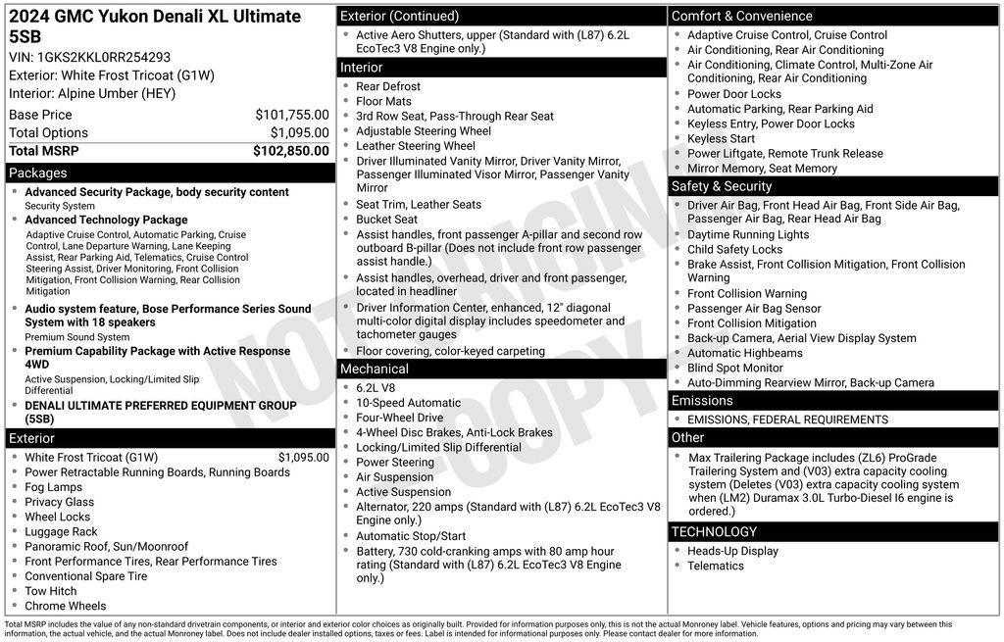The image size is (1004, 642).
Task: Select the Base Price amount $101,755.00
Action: [x=291, y=115]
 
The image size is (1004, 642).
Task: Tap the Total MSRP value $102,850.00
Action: [x=290, y=151]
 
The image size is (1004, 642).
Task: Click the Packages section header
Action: [x=37, y=173]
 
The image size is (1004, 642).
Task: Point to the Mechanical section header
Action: [x=374, y=369]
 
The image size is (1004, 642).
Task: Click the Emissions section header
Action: [x=702, y=401]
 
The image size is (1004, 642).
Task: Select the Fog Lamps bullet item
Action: [x=54, y=487]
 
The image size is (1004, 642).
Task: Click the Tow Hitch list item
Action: [x=51, y=591]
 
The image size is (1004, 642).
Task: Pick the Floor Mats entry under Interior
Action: [x=383, y=101]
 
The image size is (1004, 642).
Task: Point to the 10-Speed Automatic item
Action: [x=408, y=403]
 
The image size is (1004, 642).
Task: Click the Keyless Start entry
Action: [x=721, y=138]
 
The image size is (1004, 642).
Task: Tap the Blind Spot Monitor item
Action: [x=734, y=368]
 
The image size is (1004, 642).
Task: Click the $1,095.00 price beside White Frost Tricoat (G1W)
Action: [x=303, y=458]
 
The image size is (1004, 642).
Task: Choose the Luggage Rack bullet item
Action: [x=61, y=531]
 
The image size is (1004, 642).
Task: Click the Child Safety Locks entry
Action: [x=734, y=249]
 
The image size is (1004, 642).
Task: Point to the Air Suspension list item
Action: [x=394, y=477]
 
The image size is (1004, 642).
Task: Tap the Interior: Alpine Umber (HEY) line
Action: [x=92, y=94]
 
